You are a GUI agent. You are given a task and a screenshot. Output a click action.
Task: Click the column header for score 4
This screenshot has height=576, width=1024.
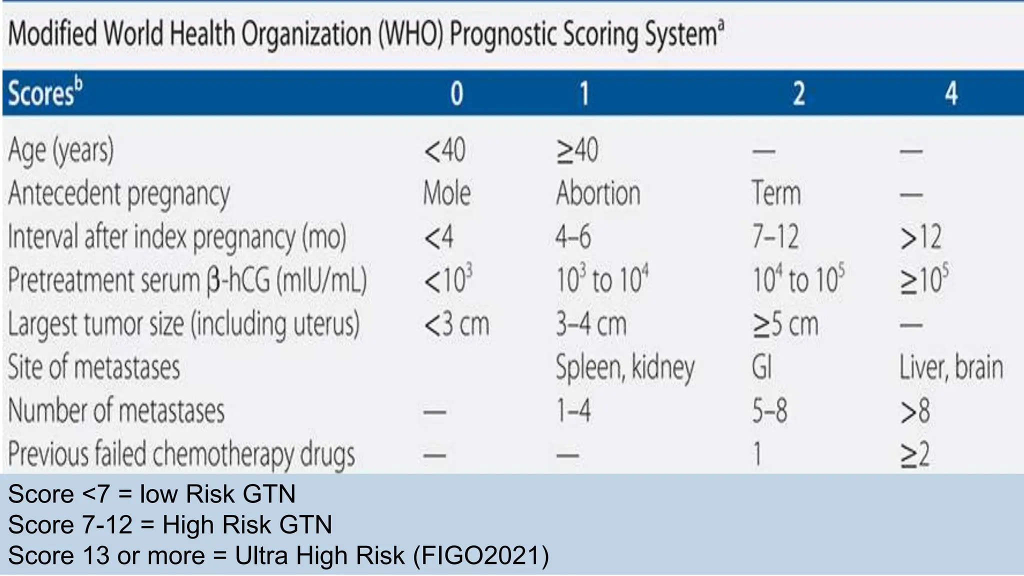(x=951, y=93)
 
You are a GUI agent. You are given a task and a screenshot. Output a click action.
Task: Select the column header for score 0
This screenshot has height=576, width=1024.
(x=456, y=93)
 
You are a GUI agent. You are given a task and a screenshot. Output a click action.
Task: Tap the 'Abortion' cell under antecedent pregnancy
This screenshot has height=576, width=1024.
(x=598, y=193)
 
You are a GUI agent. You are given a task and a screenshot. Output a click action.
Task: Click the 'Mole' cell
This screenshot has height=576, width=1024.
(x=446, y=193)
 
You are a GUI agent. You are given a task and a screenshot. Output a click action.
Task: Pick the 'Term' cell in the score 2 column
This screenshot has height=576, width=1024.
(x=776, y=193)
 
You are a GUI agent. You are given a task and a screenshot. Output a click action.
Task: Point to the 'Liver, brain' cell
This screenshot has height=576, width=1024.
(x=951, y=367)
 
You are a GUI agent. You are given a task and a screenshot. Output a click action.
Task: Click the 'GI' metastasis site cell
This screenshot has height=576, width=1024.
(x=761, y=367)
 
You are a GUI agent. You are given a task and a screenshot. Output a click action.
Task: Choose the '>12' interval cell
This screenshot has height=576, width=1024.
(x=920, y=237)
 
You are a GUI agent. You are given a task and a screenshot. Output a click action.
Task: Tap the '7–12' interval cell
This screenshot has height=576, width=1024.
(x=775, y=237)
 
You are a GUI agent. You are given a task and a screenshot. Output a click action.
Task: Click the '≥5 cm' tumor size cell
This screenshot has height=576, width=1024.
(x=785, y=324)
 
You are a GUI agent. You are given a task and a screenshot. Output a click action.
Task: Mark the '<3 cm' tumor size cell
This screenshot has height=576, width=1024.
(x=456, y=324)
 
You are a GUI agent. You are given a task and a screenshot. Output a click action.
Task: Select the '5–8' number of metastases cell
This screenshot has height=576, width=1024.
(x=769, y=411)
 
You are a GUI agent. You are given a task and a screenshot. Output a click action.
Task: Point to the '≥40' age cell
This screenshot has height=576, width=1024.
(x=577, y=150)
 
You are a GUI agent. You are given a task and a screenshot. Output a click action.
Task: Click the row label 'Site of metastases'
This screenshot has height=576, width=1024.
(x=94, y=367)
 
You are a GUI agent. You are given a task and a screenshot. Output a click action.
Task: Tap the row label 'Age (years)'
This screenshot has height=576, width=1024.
(x=61, y=150)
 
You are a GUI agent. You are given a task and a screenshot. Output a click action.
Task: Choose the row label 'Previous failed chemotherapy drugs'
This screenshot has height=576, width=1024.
(x=181, y=454)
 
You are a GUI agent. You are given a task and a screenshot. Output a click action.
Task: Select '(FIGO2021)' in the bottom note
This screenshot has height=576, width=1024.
(x=480, y=555)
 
